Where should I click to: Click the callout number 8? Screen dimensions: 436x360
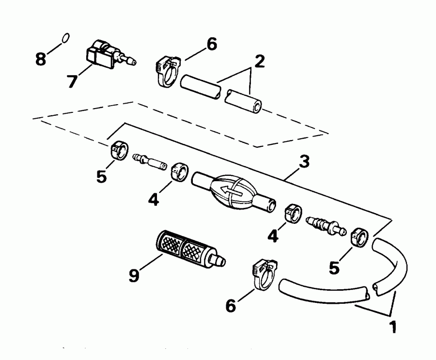pos(41,59)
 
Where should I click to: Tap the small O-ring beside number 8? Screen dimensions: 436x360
pos(65,38)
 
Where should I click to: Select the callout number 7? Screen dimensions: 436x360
pos(72,81)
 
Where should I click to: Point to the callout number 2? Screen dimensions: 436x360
pos(259,62)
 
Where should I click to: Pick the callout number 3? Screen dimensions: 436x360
pos(304,162)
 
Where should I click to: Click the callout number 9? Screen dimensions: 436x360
pos(134,275)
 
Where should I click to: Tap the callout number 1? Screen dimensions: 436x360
pos(393,327)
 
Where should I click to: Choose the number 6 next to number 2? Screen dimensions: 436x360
pos(211,44)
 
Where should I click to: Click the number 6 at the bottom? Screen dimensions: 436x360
pos(231,305)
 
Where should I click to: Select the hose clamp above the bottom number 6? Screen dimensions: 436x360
pos(265,274)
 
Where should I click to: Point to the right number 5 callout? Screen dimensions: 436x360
pos(334,267)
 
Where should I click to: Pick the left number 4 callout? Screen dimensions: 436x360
pos(154,199)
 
